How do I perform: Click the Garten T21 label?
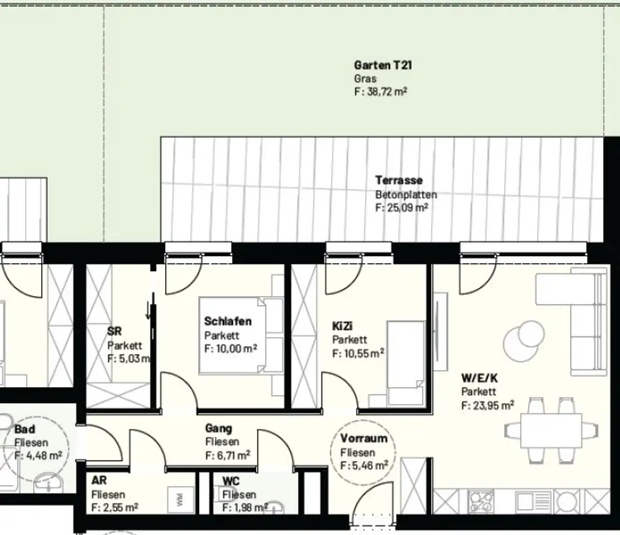pyautogui.click(x=383, y=65)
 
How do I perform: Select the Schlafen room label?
pyautogui.click(x=227, y=321)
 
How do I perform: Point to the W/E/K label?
pyautogui.click(x=480, y=378)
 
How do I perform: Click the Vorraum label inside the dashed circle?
pyautogui.click(x=363, y=439)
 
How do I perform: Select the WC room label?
pyautogui.click(x=230, y=481)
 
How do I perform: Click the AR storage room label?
pyautogui.click(x=99, y=481)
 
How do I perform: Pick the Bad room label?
pyautogui.click(x=25, y=429)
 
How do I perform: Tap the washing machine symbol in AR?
pyautogui.click(x=181, y=499)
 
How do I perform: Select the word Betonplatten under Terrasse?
pyautogui.click(x=405, y=195)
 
